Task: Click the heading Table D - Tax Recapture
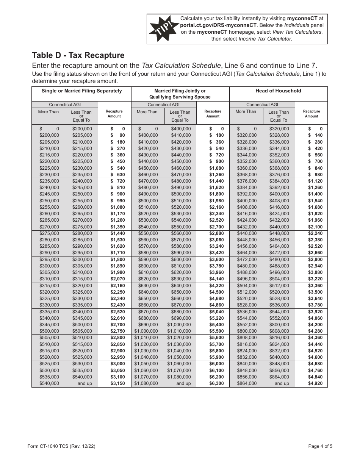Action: click(78, 55)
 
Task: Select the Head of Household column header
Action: click(278, 91)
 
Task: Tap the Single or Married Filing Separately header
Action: click(81, 91)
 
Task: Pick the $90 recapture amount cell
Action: click(117, 135)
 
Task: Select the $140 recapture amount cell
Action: click(315, 135)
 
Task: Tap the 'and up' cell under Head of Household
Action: click(282, 383)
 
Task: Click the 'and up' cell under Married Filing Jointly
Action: click(183, 383)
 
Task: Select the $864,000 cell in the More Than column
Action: click(247, 383)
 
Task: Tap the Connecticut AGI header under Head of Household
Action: click(262, 105)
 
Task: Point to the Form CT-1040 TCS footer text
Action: click(64, 446)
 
